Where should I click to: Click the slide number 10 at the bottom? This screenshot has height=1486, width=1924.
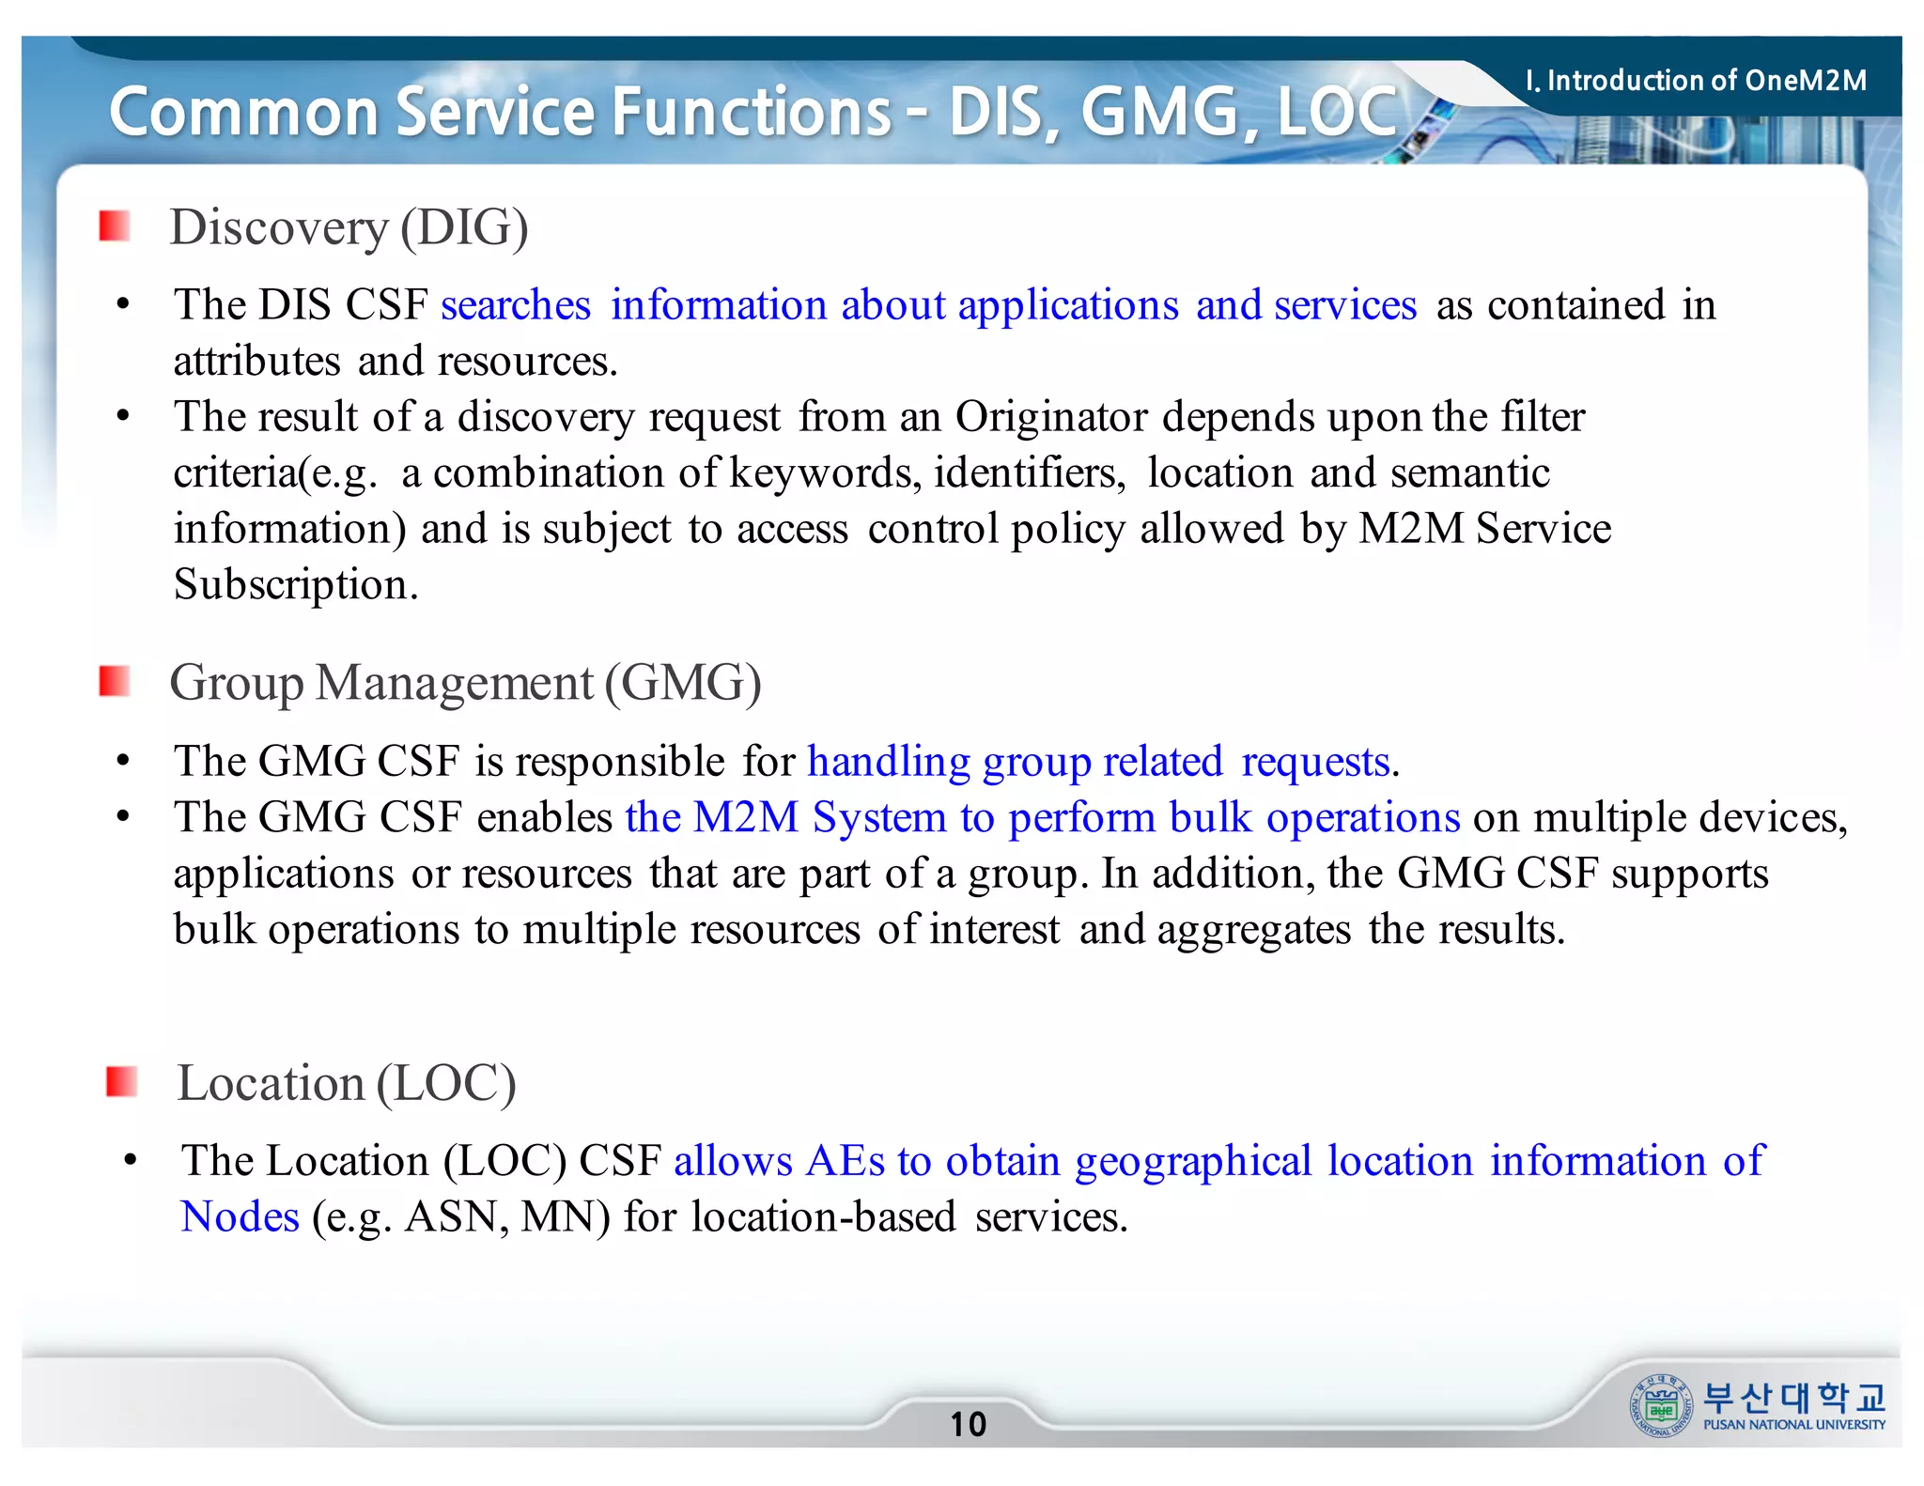point(968,1424)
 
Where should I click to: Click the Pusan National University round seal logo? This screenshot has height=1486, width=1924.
point(1661,1406)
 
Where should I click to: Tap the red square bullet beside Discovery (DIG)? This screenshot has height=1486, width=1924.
point(115,226)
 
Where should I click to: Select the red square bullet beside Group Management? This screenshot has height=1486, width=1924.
point(115,682)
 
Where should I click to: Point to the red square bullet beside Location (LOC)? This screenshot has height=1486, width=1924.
point(122,1082)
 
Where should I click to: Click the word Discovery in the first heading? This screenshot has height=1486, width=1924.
point(278,228)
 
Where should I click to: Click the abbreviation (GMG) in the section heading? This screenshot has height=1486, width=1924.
point(683,683)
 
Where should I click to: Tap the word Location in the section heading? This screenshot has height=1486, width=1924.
point(271,1084)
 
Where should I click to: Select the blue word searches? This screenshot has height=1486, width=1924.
point(516,305)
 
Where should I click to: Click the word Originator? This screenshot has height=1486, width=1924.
point(1051,417)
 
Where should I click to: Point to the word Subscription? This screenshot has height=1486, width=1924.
point(295,584)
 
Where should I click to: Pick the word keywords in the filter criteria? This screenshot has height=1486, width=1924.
point(826,472)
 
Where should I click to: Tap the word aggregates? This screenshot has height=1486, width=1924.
point(1254,930)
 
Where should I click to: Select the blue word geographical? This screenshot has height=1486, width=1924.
point(1193,1162)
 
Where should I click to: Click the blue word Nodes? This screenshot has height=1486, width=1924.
point(240,1217)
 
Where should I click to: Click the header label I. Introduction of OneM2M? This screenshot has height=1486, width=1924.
point(1696,81)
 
